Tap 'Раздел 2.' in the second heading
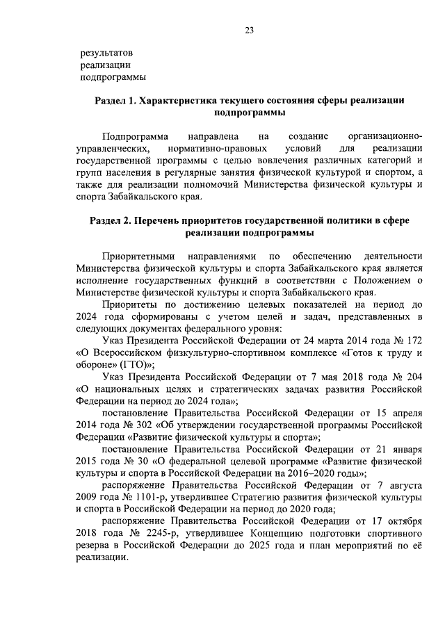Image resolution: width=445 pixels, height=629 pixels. (112, 220)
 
